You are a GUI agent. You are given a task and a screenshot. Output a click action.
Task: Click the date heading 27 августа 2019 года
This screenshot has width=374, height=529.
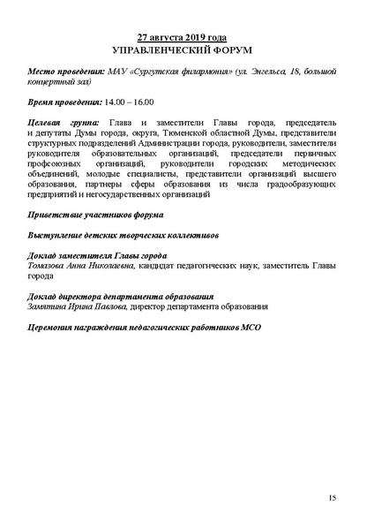click(x=186, y=38)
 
